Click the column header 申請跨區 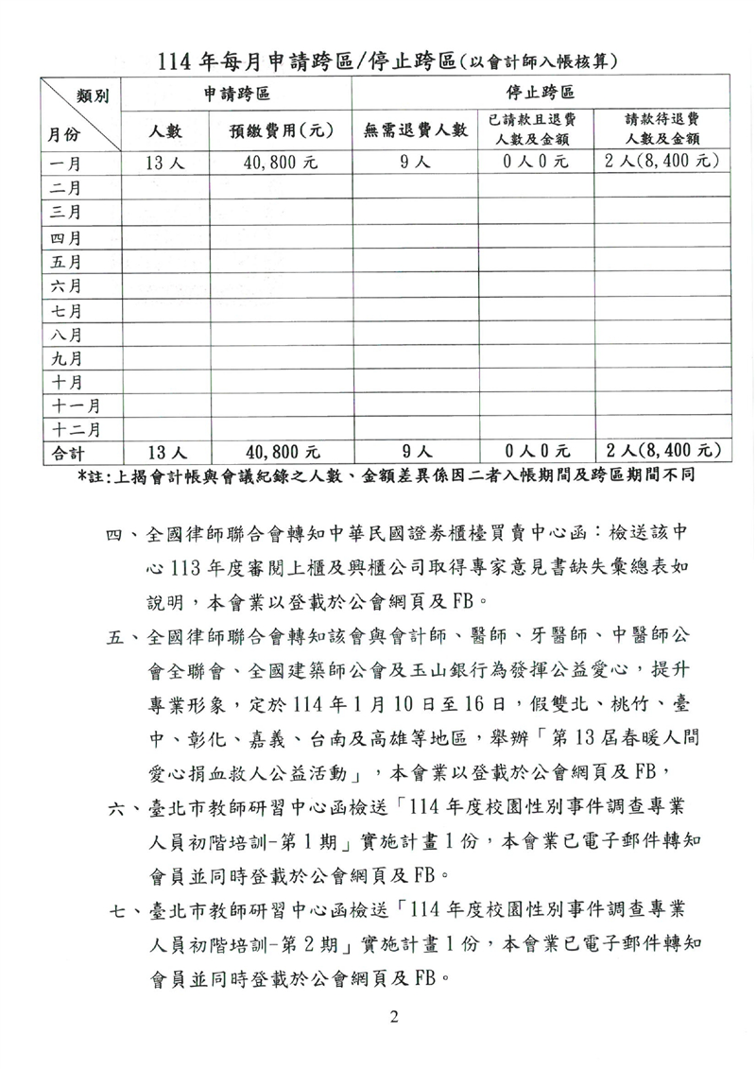(237, 95)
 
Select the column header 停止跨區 (541, 95)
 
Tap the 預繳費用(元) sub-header (280, 131)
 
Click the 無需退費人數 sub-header (416, 131)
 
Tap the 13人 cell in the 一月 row (165, 163)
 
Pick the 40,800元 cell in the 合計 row (281, 453)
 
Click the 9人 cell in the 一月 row (416, 163)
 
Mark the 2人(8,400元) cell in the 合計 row (661, 453)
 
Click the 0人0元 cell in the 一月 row (536, 163)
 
